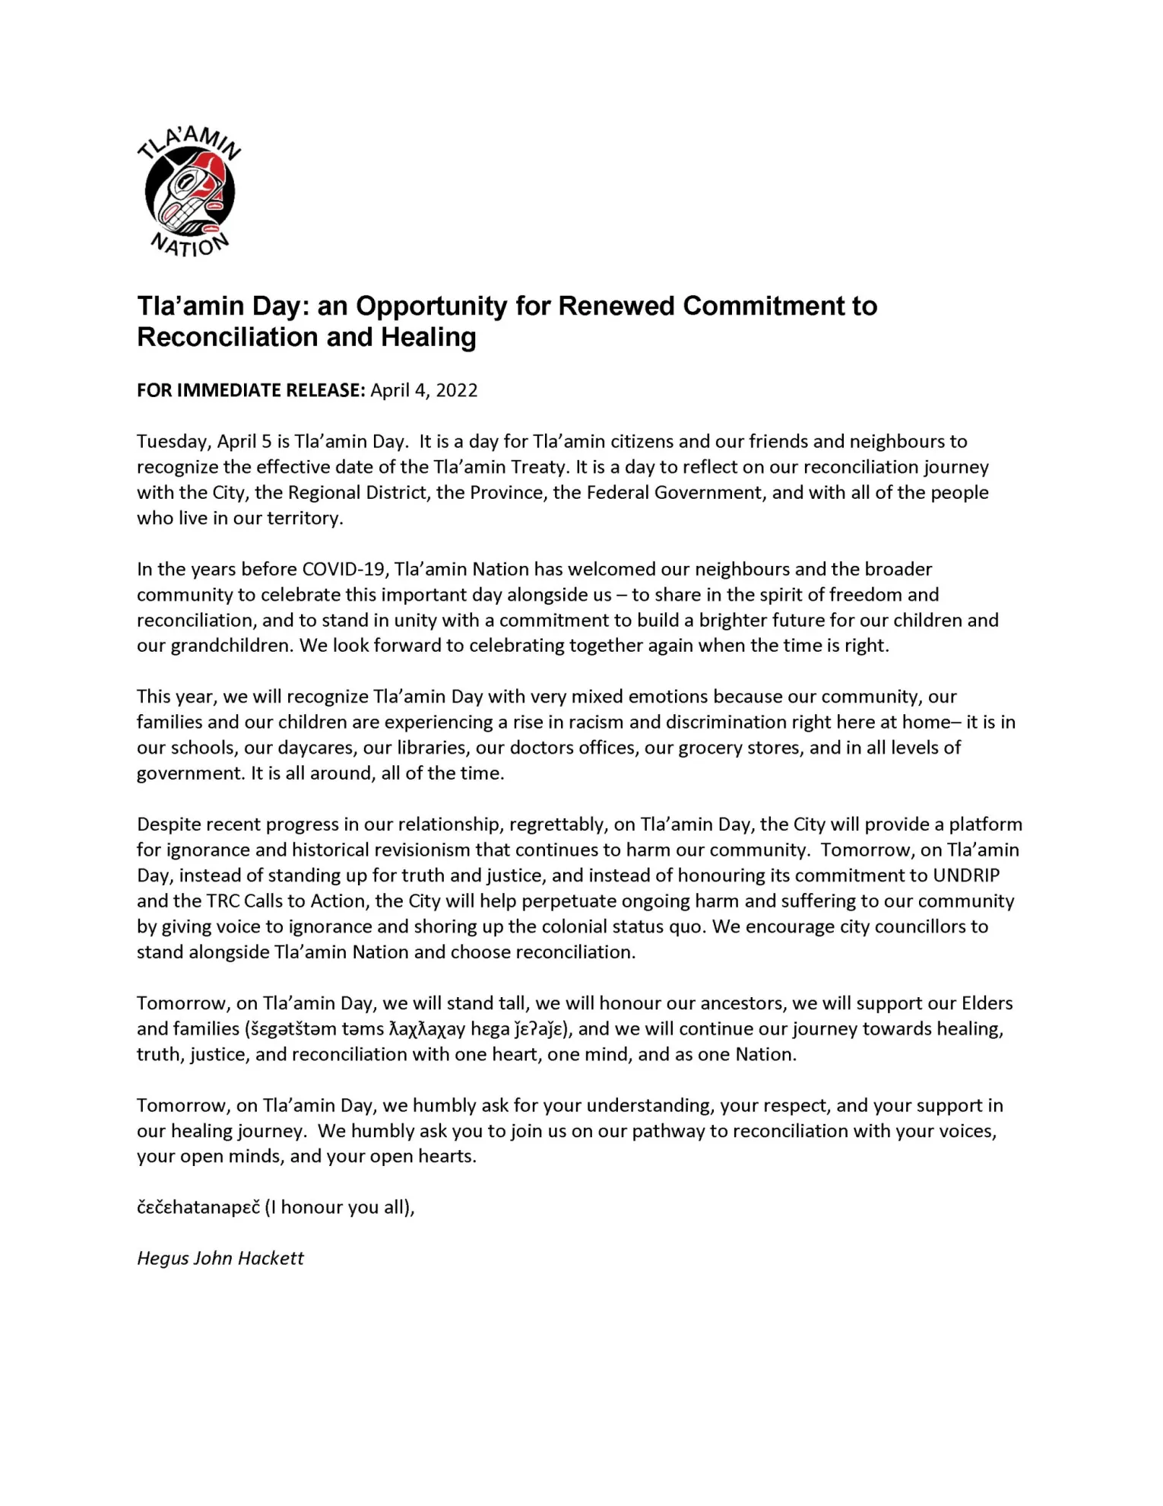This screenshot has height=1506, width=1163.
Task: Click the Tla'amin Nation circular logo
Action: coord(189,192)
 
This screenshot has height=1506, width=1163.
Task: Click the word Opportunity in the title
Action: coord(431,306)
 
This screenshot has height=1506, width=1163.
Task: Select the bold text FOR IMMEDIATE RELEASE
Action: coord(251,390)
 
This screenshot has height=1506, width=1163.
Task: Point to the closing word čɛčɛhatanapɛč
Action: coord(198,1208)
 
